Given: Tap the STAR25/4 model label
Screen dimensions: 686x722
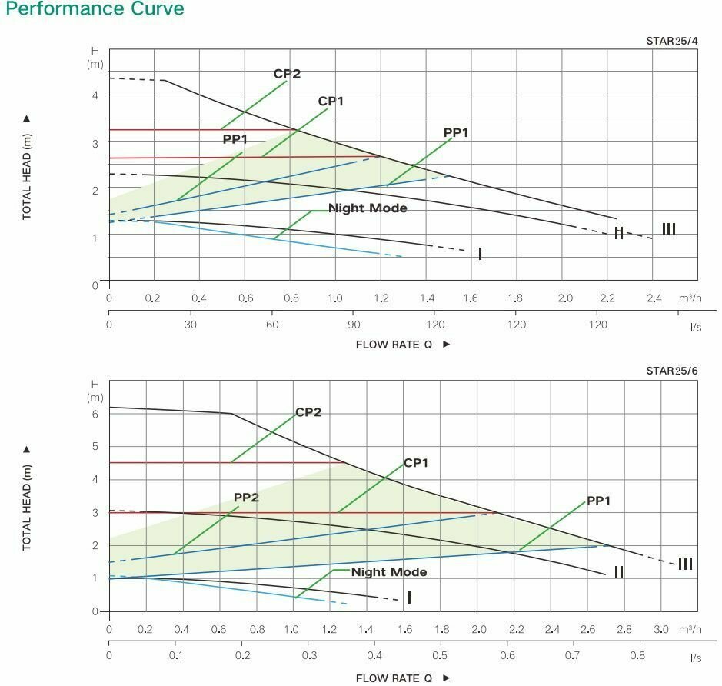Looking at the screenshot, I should pyautogui.click(x=671, y=41).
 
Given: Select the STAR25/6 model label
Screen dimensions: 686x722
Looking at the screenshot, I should pyautogui.click(x=671, y=371).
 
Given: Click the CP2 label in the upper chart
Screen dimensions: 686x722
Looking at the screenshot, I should pyautogui.click(x=287, y=75).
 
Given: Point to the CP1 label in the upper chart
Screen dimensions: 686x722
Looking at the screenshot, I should pyautogui.click(x=331, y=102).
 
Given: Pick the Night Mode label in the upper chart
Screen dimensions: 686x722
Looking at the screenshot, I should pyautogui.click(x=368, y=208).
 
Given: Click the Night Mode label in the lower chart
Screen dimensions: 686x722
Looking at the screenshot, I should pyautogui.click(x=388, y=572).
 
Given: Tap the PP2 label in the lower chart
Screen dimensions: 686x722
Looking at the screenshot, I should pyautogui.click(x=246, y=498).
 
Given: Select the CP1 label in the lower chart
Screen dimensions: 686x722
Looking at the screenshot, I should pyautogui.click(x=416, y=463).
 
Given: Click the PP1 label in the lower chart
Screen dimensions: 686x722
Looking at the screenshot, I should pyautogui.click(x=598, y=501).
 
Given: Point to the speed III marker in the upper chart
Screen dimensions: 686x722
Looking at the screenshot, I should pyautogui.click(x=669, y=229).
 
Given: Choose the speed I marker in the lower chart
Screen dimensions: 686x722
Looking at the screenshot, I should pyautogui.click(x=409, y=598).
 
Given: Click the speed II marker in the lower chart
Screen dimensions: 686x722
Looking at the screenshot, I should pyautogui.click(x=618, y=572).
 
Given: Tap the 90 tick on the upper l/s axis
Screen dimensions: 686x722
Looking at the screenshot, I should pyautogui.click(x=354, y=325).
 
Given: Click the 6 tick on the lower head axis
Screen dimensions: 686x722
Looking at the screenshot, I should pyautogui.click(x=96, y=414).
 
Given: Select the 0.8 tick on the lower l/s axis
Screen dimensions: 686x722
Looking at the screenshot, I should pyautogui.click(x=637, y=656).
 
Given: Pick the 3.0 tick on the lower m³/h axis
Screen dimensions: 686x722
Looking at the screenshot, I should pyautogui.click(x=660, y=629).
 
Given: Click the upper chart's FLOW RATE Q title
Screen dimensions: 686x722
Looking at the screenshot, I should pyautogui.click(x=394, y=345).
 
